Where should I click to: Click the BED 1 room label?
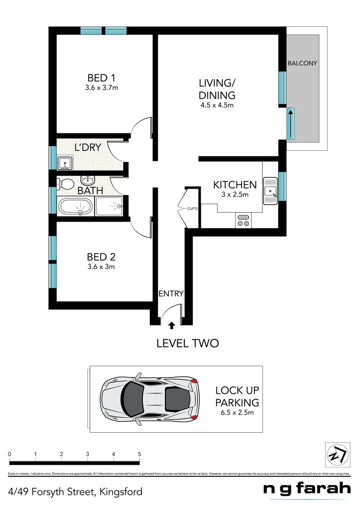point(102,78)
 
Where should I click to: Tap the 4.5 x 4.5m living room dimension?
point(217,105)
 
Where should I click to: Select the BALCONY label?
point(302,63)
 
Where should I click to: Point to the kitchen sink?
point(270,191)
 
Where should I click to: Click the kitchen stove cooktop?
point(243,221)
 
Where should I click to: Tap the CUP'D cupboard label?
point(192,207)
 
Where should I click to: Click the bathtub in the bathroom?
point(75,206)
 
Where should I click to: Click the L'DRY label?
point(88,147)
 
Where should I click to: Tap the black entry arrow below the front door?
point(171,325)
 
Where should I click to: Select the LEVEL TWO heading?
point(188,343)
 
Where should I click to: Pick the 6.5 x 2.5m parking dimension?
point(237,413)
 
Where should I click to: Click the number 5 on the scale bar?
point(139,454)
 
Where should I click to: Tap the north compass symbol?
point(338,455)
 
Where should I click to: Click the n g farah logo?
point(307,489)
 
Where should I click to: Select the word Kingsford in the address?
point(120,492)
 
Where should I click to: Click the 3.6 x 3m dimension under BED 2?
point(101,266)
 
